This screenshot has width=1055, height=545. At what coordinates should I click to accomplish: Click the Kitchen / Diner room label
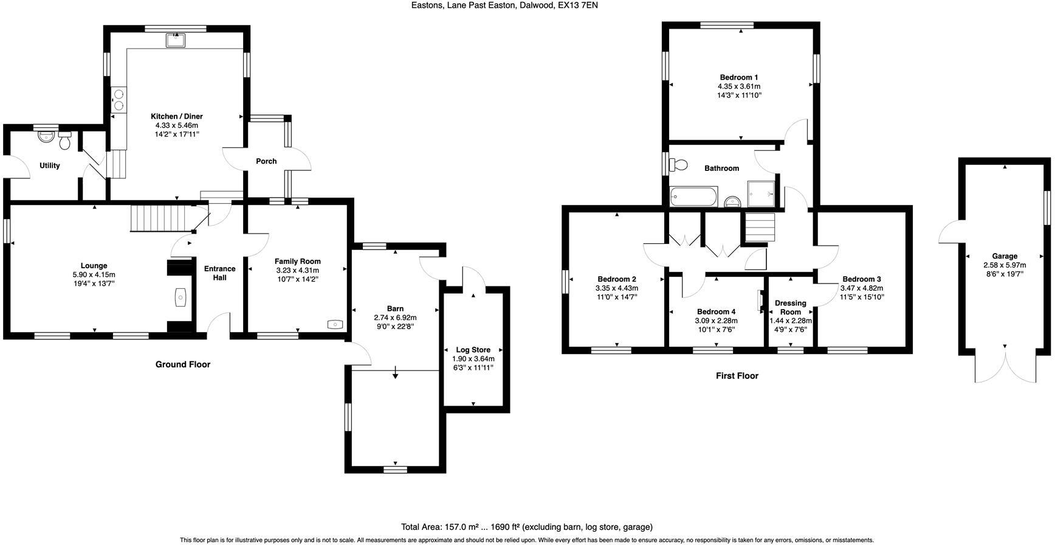pos(176,116)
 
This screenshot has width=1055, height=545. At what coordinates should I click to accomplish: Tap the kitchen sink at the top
pos(176,41)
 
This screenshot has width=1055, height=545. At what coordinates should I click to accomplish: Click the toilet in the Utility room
pos(65,141)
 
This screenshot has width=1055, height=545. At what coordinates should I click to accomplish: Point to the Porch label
pos(266,161)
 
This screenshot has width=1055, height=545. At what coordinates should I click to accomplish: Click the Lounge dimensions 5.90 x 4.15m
pos(94,275)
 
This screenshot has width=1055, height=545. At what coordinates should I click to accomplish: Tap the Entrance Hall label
pos(219,273)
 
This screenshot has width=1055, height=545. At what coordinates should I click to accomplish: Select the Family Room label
pos(297,262)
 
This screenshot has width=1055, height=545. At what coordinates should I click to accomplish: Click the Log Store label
pos(473,350)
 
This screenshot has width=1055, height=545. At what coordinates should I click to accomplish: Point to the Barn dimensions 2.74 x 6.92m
pos(395,318)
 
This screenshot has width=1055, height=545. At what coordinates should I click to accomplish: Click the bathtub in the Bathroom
pos(693,196)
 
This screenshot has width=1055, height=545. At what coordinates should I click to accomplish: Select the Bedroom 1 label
pos(738,77)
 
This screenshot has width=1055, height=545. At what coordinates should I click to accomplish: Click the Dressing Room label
pos(790,307)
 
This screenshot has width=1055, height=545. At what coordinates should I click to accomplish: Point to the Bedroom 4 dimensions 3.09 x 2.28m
pos(716,321)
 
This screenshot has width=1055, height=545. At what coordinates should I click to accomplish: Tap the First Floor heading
pos(737,376)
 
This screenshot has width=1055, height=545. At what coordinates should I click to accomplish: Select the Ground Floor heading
pos(182,364)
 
